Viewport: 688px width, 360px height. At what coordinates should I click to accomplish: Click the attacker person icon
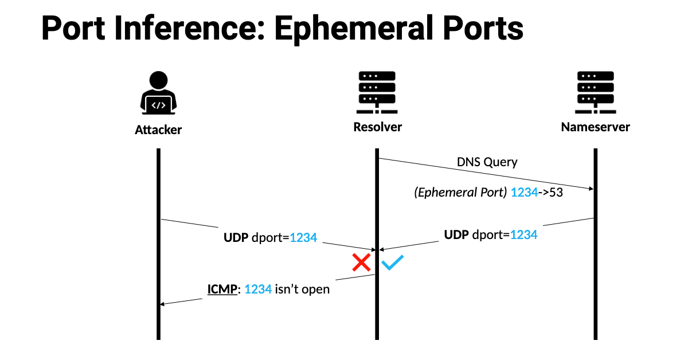coord(158,93)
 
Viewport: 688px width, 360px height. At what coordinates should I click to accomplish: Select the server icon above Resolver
coord(377,93)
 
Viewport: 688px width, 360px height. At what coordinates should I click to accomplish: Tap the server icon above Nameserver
coord(595,93)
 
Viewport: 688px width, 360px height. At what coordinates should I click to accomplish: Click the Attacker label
coord(158,130)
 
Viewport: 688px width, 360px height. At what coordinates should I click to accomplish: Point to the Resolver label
coord(377,127)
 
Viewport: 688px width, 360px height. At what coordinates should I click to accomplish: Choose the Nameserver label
coord(595,127)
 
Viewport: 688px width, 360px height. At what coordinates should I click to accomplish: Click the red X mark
coord(361,263)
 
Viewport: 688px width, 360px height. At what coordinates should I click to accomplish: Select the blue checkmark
coord(393,263)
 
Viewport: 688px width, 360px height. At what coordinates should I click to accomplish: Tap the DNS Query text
coord(487,162)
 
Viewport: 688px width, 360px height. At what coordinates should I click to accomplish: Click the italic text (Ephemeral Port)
coord(460,193)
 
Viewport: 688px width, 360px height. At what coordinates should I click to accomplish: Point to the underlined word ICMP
coord(222,289)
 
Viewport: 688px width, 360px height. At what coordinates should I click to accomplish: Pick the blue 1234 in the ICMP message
coord(257,289)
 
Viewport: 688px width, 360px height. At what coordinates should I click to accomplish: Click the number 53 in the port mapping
coord(556,193)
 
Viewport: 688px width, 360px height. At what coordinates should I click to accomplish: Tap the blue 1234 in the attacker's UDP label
coord(303,237)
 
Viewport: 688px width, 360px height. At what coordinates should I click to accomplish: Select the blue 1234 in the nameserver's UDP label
coord(523,234)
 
